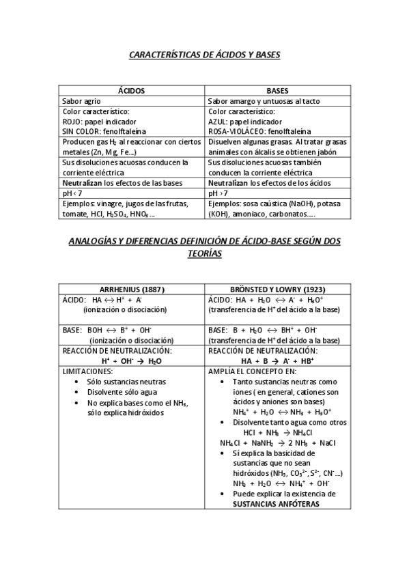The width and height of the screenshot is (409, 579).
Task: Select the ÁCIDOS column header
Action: click(x=131, y=90)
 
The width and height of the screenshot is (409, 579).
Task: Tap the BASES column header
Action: click(x=277, y=90)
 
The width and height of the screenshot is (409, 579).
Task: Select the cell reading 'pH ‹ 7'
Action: click(x=72, y=194)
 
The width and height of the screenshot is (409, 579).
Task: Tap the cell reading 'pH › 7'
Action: click(x=218, y=194)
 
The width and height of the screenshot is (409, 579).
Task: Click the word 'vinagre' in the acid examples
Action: click(x=111, y=204)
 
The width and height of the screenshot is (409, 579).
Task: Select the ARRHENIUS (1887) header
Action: click(x=132, y=288)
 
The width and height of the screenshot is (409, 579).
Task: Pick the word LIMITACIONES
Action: click(x=87, y=371)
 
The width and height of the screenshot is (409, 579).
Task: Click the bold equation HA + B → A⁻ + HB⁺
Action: click(x=277, y=361)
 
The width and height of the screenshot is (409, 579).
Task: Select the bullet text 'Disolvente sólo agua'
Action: click(x=124, y=393)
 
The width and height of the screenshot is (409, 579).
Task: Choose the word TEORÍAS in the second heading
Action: click(x=205, y=253)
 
